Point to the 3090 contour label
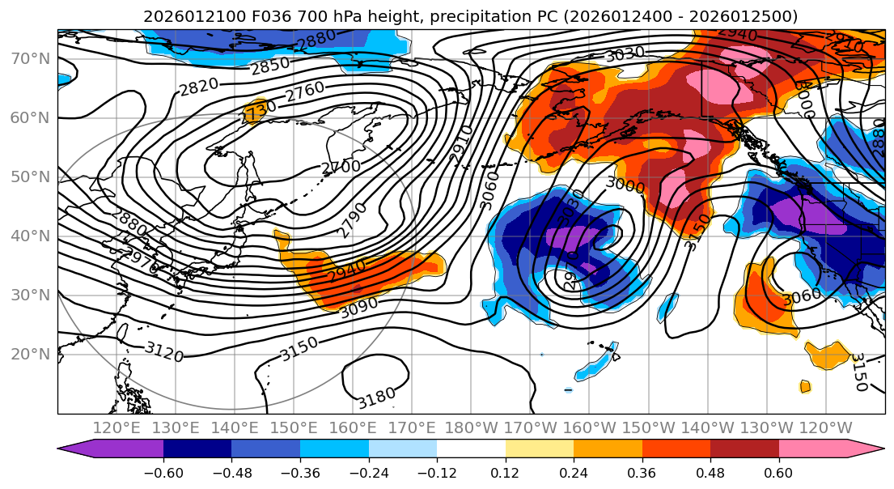(359, 309)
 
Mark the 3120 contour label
(163, 351)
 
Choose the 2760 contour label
(305, 88)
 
